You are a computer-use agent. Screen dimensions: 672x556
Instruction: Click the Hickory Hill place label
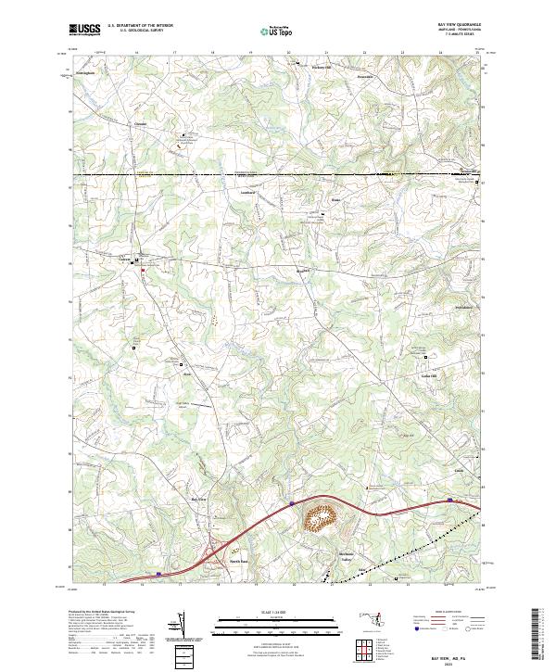321,68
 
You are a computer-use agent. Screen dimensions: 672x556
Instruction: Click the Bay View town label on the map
197,499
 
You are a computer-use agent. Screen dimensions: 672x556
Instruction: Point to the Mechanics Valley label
346,557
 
